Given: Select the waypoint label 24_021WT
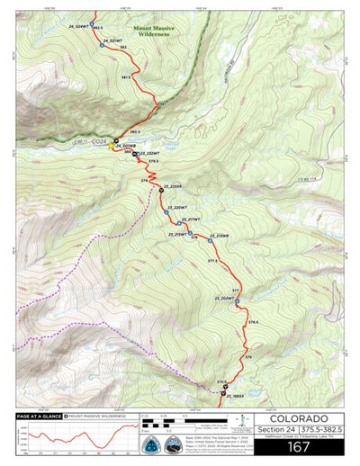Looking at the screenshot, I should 112,42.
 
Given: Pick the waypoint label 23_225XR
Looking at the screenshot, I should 173,187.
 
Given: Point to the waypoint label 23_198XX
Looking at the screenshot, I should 237,396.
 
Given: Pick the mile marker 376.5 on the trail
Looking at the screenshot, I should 254,322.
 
